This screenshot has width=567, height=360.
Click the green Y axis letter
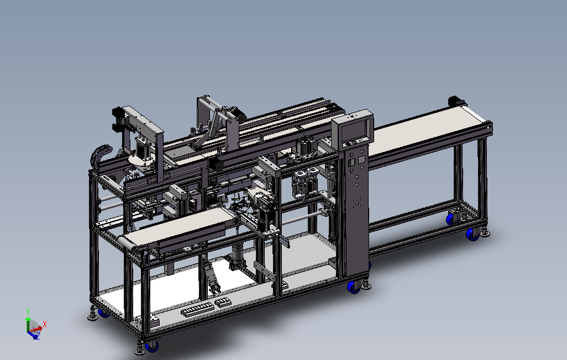tap(28, 311)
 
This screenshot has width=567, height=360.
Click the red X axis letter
tap(44, 324)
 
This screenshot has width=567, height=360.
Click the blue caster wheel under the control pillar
tap(353, 287)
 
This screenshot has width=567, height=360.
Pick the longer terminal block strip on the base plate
tap(197, 310)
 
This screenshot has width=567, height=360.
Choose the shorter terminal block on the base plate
tap(223, 302)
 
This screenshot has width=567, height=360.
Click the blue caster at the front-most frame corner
tap(152, 347)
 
